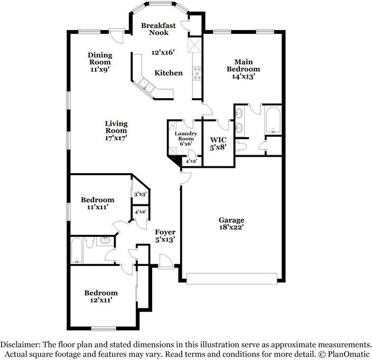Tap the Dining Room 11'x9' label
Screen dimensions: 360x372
coord(99,62)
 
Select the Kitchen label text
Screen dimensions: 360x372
coord(169,73)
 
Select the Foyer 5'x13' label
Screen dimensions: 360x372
coord(165,235)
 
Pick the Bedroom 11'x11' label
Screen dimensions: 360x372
coord(97,203)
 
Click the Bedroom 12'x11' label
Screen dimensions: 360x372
coord(100,296)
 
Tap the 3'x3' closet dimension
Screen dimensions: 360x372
coord(140,194)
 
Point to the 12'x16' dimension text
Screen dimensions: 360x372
coord(163,52)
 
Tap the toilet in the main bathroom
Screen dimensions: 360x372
coord(241,146)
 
